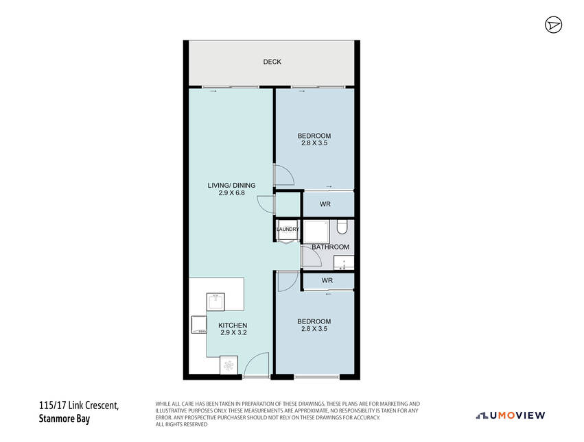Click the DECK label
coord(272,62)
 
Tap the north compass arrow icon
coord(553,25)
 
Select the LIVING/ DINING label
coord(232,185)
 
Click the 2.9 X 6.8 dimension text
coord(232,193)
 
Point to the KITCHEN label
coord(233,326)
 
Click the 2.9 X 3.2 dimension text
coord(233,332)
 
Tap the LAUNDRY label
coord(288,229)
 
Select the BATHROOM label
coord(330,247)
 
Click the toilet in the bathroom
coord(342,227)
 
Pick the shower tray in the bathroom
coord(316,232)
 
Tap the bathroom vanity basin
coord(344,262)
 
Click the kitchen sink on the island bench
coord(215,302)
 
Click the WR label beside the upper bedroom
coord(325,204)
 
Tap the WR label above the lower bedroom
coord(327,280)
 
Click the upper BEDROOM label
coord(314,136)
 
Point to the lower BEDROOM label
coord(314,321)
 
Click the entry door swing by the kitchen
coord(256,365)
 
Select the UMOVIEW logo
coord(511,415)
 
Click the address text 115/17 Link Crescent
coord(79,405)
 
